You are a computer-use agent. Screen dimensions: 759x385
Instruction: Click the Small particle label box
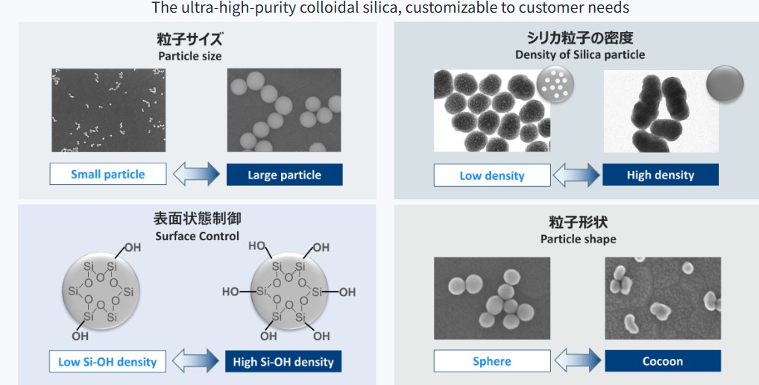tap(108, 175)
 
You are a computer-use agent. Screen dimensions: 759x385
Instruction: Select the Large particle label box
tap(285, 175)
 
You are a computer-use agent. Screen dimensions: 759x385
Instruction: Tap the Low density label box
tap(492, 175)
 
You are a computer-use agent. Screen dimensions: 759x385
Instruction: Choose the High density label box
tap(661, 175)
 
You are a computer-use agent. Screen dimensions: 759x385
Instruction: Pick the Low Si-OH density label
tap(107, 362)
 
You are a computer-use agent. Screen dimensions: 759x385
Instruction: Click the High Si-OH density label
tap(283, 362)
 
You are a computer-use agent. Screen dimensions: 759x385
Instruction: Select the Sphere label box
tap(492, 361)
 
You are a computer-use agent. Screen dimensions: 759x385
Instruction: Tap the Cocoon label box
tap(663, 361)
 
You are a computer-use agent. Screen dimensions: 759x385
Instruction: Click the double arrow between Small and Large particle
tap(197, 175)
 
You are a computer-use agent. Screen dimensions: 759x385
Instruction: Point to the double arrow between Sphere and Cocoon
tap(578, 361)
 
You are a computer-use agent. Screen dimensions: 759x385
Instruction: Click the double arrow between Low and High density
tap(576, 175)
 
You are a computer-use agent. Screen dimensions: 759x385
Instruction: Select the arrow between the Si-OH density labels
tap(195, 361)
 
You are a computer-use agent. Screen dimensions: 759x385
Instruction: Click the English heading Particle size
tap(189, 56)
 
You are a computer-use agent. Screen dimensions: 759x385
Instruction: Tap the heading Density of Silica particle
tap(580, 54)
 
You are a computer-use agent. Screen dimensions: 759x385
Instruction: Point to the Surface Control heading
tap(198, 237)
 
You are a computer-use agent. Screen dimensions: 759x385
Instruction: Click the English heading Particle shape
tap(579, 240)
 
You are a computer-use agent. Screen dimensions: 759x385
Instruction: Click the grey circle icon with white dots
tap(555, 84)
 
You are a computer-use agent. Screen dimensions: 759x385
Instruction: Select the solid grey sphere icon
tap(725, 84)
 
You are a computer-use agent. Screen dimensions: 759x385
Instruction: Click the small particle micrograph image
tap(108, 110)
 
